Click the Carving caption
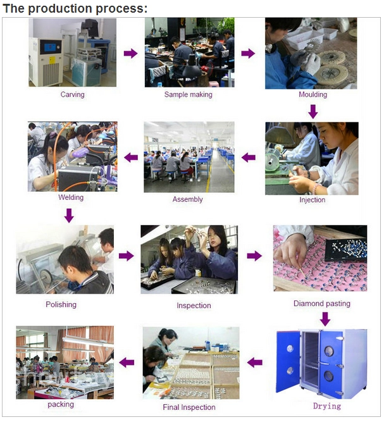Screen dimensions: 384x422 (72, 94)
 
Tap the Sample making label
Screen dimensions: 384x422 (189, 94)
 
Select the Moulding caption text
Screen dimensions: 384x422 (313, 94)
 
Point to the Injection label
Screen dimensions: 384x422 (313, 200)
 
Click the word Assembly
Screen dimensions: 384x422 (187, 199)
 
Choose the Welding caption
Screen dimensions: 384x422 (71, 197)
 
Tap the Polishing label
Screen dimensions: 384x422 (61, 304)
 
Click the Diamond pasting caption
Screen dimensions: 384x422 (322, 304)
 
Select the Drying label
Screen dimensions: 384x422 (327, 406)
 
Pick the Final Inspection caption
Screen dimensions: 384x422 (189, 407)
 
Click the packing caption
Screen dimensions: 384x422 (61, 404)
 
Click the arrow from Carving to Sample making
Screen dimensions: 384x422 (131, 53)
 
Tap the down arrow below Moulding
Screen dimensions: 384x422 (313, 112)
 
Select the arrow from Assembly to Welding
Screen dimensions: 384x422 (131, 158)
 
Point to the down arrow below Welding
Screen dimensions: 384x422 (69, 216)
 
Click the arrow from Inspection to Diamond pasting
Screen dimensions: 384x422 (254, 256)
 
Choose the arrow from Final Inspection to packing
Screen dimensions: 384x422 (127, 363)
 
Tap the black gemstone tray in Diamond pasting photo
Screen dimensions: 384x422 (346, 250)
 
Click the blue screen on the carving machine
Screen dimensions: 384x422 (50, 47)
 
